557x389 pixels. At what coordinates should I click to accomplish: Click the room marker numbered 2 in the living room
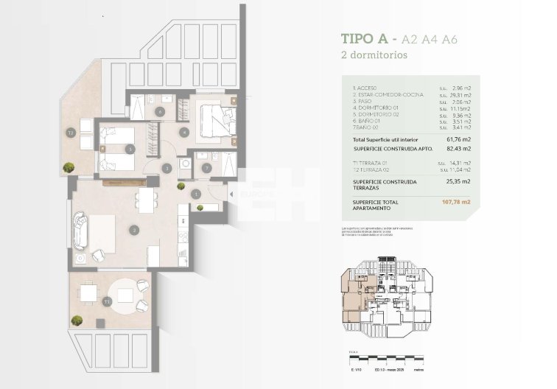(134, 230)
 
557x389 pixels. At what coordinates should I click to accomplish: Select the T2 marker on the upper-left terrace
(71, 133)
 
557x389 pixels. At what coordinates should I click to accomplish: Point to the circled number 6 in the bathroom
(160, 112)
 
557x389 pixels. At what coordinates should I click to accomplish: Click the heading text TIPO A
(365, 39)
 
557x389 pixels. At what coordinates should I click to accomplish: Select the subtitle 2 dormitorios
(374, 55)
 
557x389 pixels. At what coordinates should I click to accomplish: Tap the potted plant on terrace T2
(68, 168)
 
